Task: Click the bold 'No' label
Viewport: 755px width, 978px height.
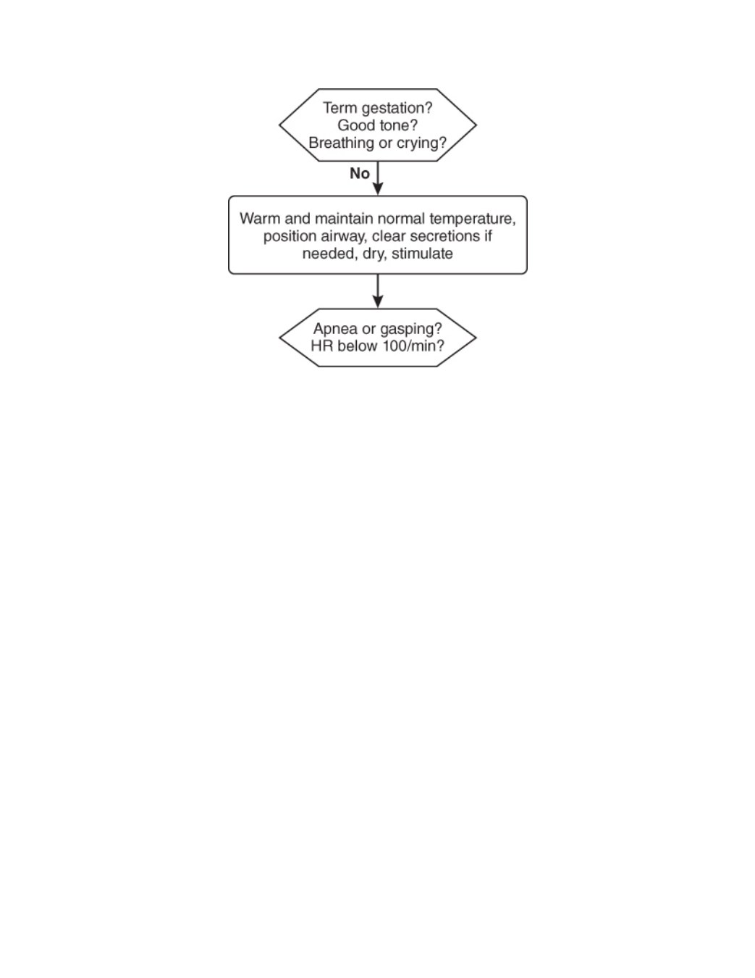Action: click(x=360, y=173)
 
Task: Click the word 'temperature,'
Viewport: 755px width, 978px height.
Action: click(x=472, y=220)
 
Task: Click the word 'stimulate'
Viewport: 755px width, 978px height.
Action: click(x=422, y=254)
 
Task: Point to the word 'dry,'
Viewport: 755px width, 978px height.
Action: click(x=374, y=254)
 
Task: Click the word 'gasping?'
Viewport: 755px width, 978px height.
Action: click(x=411, y=330)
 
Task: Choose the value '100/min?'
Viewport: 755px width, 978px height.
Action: click(x=413, y=346)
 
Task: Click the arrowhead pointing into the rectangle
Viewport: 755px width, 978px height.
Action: click(x=378, y=189)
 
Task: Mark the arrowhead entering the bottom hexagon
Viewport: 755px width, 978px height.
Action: click(x=378, y=302)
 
